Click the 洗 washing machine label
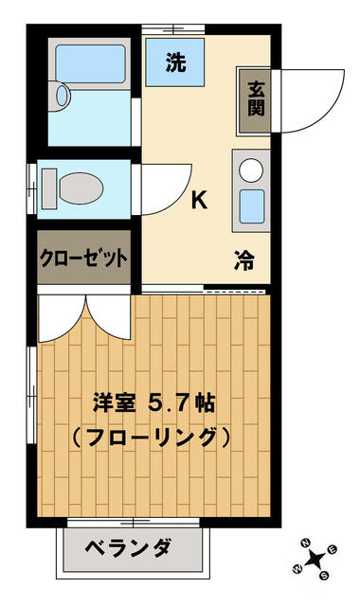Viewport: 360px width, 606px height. tap(175, 62)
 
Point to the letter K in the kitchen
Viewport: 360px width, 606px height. tap(200, 200)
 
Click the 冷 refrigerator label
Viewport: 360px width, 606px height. tap(244, 260)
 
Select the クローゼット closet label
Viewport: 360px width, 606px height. tap(84, 258)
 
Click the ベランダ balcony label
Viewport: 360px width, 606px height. tap(128, 548)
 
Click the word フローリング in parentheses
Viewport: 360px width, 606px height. tap(152, 437)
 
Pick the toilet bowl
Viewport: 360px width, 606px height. tap(81, 188)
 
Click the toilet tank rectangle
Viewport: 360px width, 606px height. tap(49, 188)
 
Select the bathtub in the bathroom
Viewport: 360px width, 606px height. tap(91, 64)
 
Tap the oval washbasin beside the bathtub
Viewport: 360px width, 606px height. tap(62, 96)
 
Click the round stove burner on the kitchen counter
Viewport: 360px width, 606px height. tap(251, 170)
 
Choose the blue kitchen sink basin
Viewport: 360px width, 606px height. tap(252, 206)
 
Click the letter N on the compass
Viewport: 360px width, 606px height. tap(306, 543)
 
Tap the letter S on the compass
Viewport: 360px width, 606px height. tap(324, 576)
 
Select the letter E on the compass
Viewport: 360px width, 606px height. tap(333, 549)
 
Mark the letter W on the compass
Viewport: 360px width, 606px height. tap(297, 569)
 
